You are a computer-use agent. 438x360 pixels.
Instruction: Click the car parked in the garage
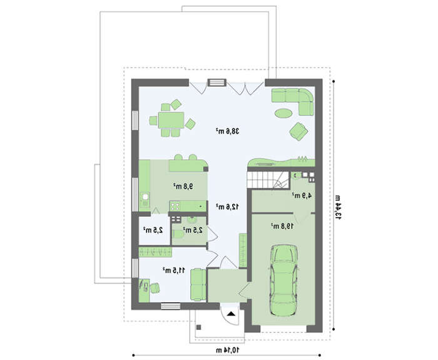(283, 280)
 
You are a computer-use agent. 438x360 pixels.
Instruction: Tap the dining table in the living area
(171, 120)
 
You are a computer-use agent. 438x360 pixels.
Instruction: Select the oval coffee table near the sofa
(283, 113)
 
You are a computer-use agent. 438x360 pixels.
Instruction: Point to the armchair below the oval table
(298, 131)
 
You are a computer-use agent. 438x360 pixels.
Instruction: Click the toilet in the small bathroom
(178, 234)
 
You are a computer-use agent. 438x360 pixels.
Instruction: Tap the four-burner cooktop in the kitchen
(175, 207)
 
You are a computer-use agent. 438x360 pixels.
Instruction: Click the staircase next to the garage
(268, 180)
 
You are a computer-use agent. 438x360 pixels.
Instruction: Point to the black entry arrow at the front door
(231, 314)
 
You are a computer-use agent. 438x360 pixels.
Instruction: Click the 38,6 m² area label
(227, 131)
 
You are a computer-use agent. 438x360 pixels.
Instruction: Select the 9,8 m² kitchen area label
(183, 186)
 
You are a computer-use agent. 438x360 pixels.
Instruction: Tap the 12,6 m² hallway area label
(227, 207)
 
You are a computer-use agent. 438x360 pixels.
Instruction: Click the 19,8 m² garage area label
(282, 226)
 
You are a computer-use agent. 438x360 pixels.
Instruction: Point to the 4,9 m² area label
(302, 195)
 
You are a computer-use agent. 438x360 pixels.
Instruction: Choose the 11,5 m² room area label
(174, 270)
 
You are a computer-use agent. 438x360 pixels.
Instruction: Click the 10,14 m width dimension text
(228, 349)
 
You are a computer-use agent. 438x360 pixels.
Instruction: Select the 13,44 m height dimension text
(339, 207)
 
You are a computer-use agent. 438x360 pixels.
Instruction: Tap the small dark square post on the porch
(198, 327)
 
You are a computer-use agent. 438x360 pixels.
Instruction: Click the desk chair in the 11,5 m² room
(155, 288)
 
